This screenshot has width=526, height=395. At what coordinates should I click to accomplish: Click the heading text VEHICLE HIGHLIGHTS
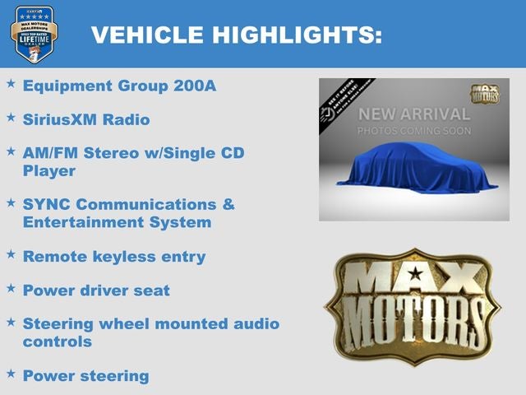[x=236, y=35]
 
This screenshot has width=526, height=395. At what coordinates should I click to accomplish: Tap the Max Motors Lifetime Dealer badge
[x=33, y=34]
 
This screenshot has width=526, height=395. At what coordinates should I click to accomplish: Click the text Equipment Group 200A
[x=119, y=86]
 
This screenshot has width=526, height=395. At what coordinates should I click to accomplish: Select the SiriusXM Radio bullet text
[x=86, y=119]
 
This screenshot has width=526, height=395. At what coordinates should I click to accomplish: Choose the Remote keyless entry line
[x=114, y=256]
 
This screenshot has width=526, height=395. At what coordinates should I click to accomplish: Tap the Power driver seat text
[x=96, y=290]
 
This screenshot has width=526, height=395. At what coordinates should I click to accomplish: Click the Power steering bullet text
[x=86, y=375]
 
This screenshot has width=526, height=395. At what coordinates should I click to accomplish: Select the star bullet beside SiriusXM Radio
[x=11, y=118]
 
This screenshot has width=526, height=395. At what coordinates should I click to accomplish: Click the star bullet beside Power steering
[x=11, y=374]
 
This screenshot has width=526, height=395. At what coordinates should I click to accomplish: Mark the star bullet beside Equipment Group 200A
[x=11, y=84]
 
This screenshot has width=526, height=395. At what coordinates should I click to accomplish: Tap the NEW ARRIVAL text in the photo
[x=413, y=114]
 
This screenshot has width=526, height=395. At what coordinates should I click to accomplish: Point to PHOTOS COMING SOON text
[x=413, y=131]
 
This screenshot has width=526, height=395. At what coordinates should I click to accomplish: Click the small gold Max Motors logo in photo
[x=485, y=93]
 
